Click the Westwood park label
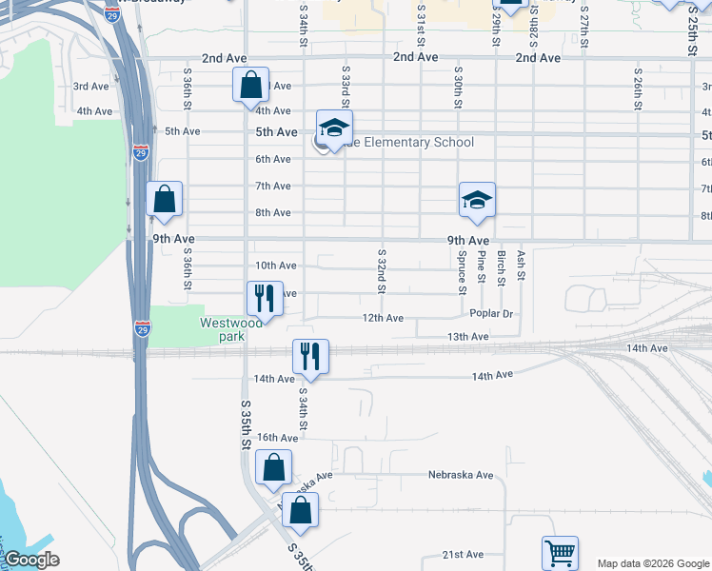[x=230, y=329]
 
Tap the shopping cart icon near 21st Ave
[x=560, y=552]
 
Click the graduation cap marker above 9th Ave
[x=477, y=200]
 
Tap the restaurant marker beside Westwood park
[x=265, y=298]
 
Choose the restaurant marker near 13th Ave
[x=310, y=357]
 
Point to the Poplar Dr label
[x=491, y=313]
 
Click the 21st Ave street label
[x=464, y=555]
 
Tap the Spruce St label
[x=462, y=266]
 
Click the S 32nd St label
[x=381, y=272]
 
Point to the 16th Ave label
[x=277, y=438]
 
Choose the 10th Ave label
[x=276, y=266]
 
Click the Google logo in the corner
[x=31, y=560]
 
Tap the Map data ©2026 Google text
[x=652, y=563]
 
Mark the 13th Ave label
[x=467, y=337]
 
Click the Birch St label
[x=501, y=267]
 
